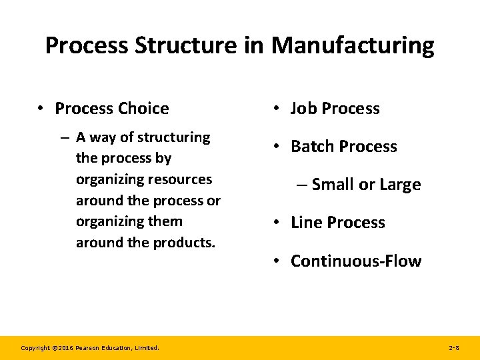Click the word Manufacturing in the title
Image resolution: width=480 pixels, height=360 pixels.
coord(353,46)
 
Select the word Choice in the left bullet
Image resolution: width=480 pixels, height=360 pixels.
coord(143,108)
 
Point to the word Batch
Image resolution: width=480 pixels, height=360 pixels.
coord(314,147)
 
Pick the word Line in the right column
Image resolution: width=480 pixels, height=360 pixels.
coord(307,223)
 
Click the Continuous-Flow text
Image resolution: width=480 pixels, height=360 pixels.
coord(355,261)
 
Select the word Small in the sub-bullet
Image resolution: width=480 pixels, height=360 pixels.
coord(333,185)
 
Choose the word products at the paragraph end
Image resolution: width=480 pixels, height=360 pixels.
coord(185,243)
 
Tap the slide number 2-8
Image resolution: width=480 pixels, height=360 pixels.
coord(454,348)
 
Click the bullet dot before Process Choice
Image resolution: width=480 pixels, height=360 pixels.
coord(41,109)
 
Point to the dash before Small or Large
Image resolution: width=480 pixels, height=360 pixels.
coord(301,185)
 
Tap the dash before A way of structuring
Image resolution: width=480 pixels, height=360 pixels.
coord(65,138)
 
